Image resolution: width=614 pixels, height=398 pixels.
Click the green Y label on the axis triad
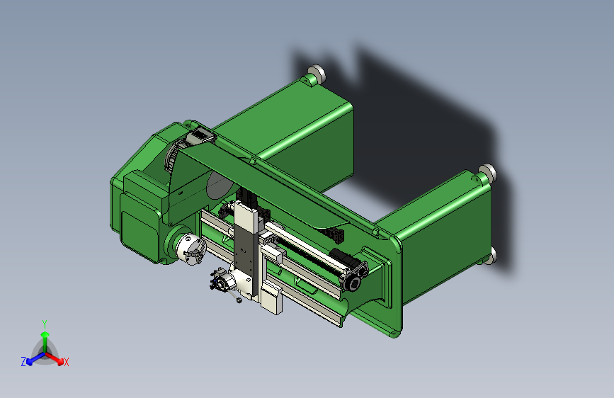pyautogui.click(x=45, y=323)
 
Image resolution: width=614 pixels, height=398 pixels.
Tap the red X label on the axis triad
pyautogui.click(x=67, y=362)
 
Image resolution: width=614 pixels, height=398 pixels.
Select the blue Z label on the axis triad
pyautogui.click(x=23, y=361)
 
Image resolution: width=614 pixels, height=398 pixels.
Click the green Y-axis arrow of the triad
pyautogui.click(x=45, y=337)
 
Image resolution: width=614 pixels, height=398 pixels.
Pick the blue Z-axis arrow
pyautogui.click(x=33, y=358)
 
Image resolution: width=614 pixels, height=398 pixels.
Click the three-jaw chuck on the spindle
pyautogui.click(x=189, y=246)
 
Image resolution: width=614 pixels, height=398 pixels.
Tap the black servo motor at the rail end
pyautogui.click(x=351, y=277)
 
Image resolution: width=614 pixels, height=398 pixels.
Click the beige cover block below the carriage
pyautogui.click(x=271, y=297)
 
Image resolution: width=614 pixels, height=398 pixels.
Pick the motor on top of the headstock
pyautogui.click(x=199, y=136)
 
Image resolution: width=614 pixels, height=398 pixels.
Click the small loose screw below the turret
pyautogui.click(x=239, y=300)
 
